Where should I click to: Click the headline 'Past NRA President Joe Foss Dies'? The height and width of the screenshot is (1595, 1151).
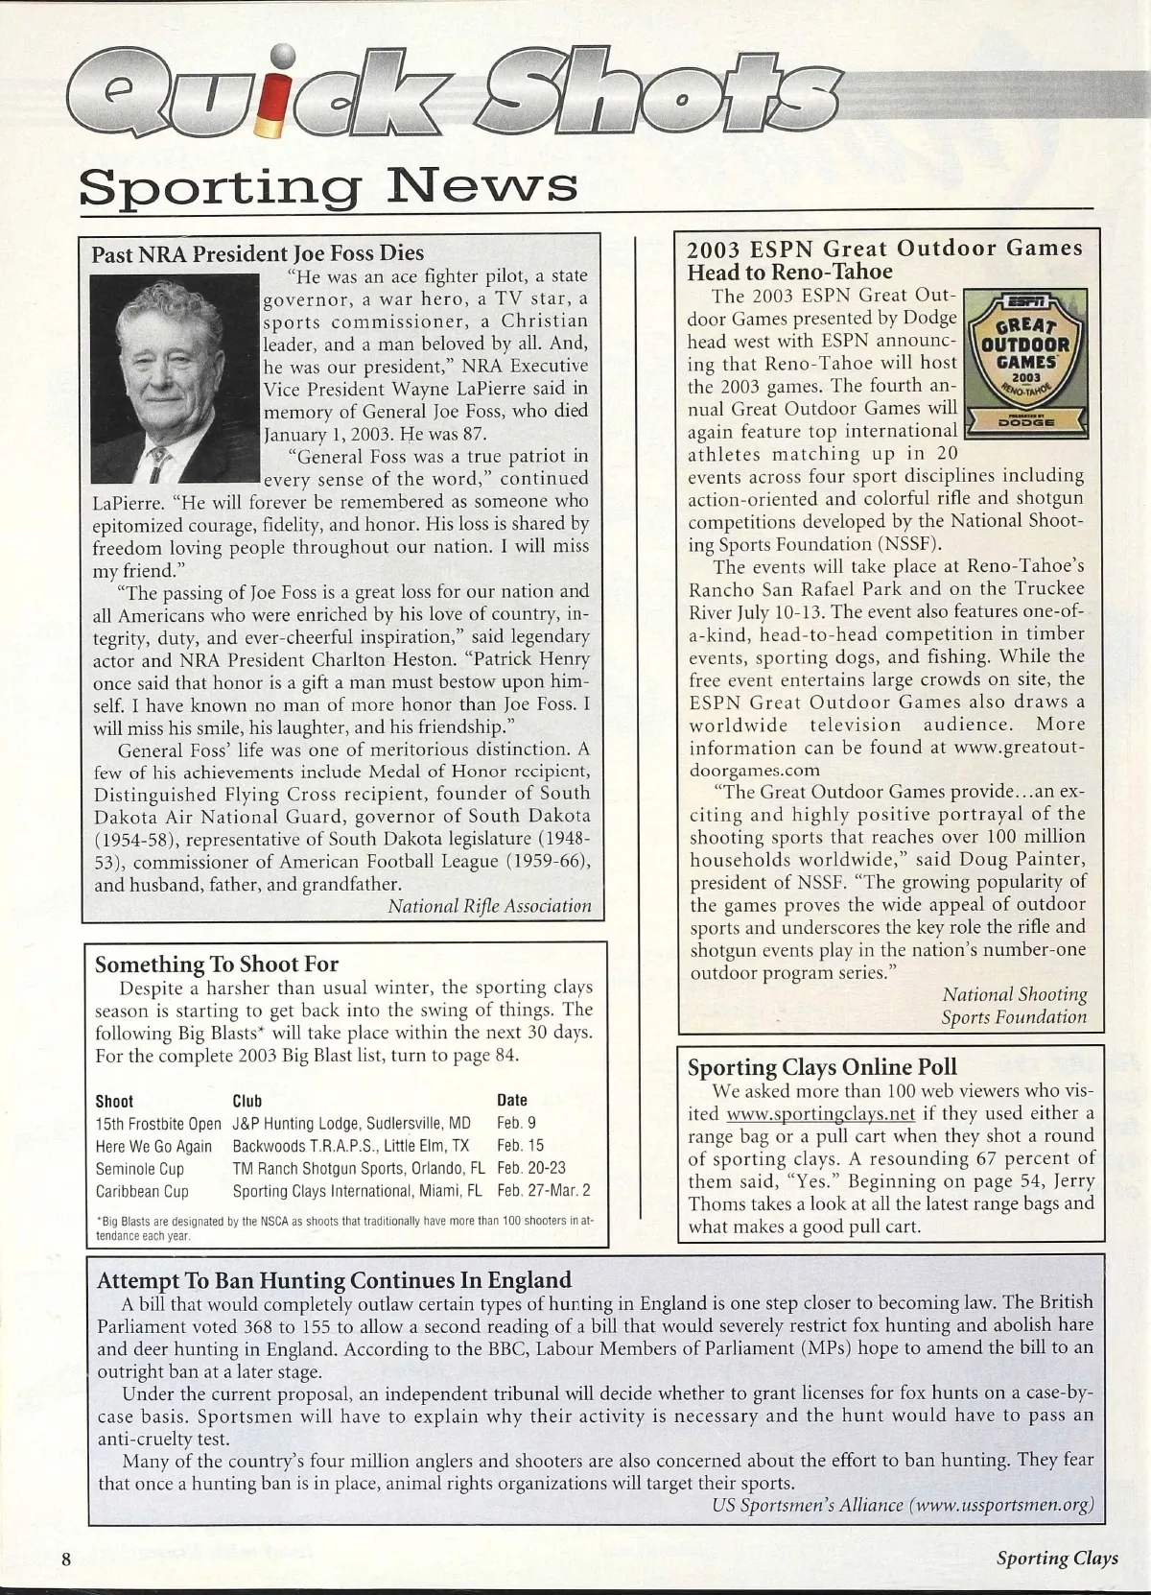click(x=257, y=253)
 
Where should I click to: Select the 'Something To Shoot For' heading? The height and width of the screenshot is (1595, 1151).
click(x=217, y=964)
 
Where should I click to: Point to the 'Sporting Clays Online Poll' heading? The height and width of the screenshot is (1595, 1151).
click(x=822, y=1066)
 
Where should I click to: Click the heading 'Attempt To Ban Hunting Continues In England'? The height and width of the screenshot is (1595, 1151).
click(x=335, y=1279)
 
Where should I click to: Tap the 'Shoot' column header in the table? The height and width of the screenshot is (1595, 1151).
click(x=114, y=1101)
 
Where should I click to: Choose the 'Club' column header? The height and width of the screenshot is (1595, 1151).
click(x=247, y=1101)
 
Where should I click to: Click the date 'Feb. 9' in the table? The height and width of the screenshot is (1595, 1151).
click(x=516, y=1122)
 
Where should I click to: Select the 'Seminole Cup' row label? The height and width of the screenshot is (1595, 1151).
click(x=140, y=1168)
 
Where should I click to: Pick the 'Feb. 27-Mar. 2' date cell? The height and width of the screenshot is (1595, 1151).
click(x=544, y=1191)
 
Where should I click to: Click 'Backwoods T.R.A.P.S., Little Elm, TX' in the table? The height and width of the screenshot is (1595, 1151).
click(x=350, y=1146)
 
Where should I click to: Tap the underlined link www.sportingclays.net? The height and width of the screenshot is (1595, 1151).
click(x=820, y=1113)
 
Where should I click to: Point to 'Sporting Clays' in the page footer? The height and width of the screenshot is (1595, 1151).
click(x=1057, y=1557)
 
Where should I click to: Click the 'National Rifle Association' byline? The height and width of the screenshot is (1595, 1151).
click(x=489, y=906)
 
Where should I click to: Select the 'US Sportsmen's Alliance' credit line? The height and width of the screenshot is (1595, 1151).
click(x=903, y=1504)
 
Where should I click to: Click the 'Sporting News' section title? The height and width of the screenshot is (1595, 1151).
click(x=329, y=184)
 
